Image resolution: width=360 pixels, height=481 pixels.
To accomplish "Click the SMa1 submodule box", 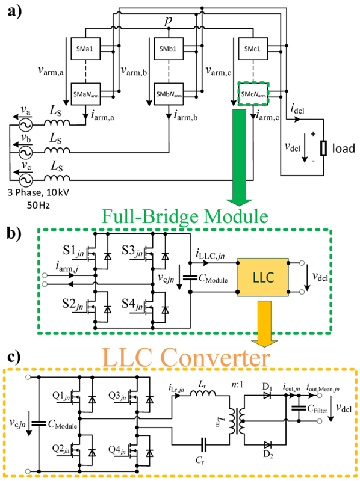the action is point(85,49).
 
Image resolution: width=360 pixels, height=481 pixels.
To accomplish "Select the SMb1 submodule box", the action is point(169,49).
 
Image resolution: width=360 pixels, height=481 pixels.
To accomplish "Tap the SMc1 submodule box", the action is point(252,49).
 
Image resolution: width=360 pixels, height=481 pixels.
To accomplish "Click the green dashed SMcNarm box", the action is point(253,94).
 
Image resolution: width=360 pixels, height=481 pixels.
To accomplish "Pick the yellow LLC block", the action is point(263,277).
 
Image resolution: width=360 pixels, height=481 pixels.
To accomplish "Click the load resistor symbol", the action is point(323,149).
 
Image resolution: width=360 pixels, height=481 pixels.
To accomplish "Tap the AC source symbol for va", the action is point(26,125).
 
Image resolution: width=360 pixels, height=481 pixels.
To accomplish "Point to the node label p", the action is point(169,22).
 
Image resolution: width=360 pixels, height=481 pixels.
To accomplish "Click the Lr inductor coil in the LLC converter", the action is point(203,393).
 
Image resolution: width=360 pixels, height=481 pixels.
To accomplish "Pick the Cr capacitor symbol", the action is point(203,444).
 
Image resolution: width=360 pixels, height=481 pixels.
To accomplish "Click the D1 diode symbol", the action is point(267,396).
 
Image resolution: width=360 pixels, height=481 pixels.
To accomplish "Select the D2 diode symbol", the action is point(267,444).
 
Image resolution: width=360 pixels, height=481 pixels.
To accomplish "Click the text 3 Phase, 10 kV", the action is point(39,192).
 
